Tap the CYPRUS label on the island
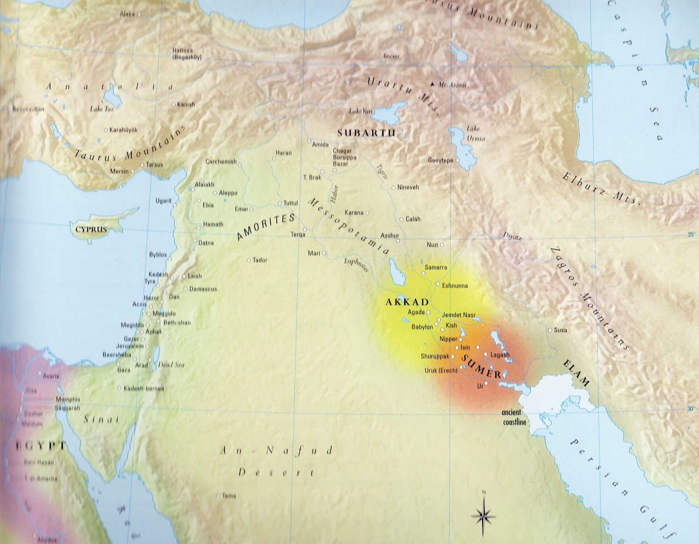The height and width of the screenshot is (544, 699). tap(91, 229)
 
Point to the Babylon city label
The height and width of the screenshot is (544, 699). tap(422, 327)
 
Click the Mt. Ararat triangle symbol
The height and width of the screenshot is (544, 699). tap(433, 84)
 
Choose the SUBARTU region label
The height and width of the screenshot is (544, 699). tap(366, 133)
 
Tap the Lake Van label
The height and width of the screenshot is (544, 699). tap(360, 112)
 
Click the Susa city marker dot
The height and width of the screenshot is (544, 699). tap(550, 330)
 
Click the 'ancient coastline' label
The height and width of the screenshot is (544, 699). tap(514, 417)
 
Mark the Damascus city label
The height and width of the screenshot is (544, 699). tap(203, 289)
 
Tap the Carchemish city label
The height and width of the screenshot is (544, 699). tap(221, 162)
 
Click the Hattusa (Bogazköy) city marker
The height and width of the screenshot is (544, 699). tap(169, 54)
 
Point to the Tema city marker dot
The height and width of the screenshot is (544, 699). tap(218, 496)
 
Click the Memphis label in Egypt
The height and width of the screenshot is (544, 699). tap(68, 399)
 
